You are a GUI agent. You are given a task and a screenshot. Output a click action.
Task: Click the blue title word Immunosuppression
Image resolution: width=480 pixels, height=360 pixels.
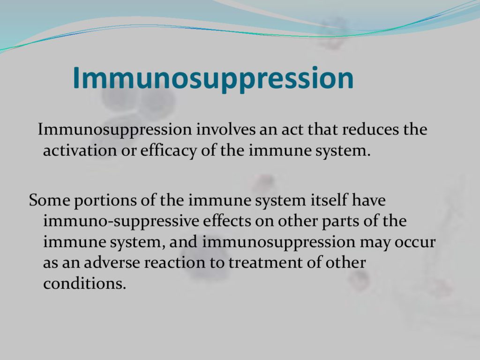213,78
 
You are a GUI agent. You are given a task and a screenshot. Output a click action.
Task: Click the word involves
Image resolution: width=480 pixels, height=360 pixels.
225,129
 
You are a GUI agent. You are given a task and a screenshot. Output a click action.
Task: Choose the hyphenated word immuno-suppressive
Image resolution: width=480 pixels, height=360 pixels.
121,222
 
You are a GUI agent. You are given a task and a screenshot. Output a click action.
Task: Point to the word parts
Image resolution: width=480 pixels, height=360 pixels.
340,222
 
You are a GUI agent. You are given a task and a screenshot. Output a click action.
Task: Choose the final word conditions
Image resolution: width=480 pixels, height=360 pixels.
84,284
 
